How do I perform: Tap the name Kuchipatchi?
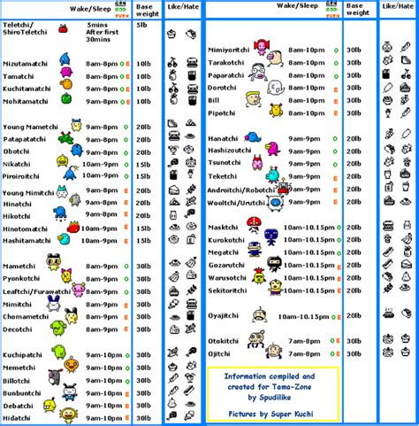coord(24,355)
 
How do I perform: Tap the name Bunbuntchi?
coord(23,391)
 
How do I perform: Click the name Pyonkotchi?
coord(24,278)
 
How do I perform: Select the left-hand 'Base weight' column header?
coord(146,10)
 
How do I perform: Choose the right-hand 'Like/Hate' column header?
coord(394,6)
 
